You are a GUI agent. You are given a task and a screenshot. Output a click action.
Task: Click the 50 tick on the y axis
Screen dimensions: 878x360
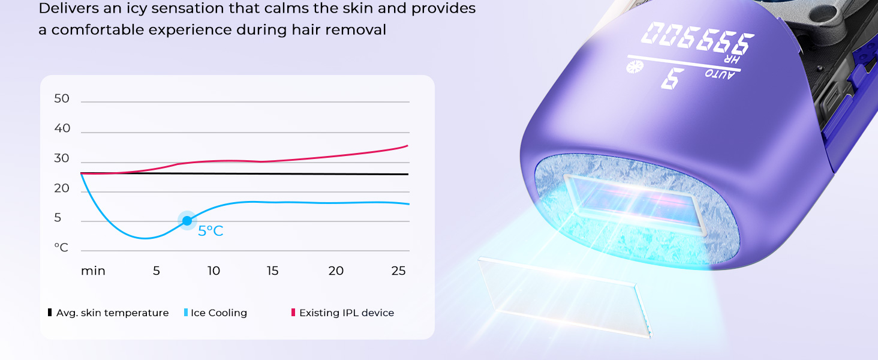pyautogui.click(x=62, y=98)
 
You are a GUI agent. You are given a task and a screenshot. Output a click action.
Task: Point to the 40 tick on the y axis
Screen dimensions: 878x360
pyautogui.click(x=62, y=128)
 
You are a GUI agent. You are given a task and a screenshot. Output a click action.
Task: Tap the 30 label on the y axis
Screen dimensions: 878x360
pyautogui.click(x=62, y=158)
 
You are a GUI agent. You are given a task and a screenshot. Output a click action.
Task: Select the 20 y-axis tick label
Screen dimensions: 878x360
pyautogui.click(x=62, y=188)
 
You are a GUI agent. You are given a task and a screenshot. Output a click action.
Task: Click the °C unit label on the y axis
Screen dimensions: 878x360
pyautogui.click(x=61, y=247)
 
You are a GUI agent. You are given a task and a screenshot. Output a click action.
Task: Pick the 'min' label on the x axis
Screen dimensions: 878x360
pyautogui.click(x=93, y=271)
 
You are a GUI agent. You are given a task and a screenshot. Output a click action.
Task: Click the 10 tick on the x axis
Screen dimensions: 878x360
pyautogui.click(x=214, y=271)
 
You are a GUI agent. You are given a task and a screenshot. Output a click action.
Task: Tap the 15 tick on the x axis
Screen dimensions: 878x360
pyautogui.click(x=272, y=271)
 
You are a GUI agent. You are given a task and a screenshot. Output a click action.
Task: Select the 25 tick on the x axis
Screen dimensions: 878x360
pyautogui.click(x=398, y=271)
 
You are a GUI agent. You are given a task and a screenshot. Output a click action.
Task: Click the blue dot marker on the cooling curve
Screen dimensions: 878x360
pyautogui.click(x=187, y=221)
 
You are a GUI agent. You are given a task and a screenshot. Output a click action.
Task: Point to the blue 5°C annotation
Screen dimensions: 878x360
pyautogui.click(x=211, y=231)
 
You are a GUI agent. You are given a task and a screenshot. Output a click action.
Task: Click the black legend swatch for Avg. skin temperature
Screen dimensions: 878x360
pyautogui.click(x=50, y=313)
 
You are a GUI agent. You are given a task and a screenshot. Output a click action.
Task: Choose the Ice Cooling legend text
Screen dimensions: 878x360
pyautogui.click(x=219, y=313)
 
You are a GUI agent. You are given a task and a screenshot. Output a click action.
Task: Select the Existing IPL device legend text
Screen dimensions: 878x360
pyautogui.click(x=347, y=313)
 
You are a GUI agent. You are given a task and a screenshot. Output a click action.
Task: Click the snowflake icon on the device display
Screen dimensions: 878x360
pyautogui.click(x=635, y=67)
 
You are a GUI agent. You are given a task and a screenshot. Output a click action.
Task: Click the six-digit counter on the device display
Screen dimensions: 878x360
pyautogui.click(x=697, y=38)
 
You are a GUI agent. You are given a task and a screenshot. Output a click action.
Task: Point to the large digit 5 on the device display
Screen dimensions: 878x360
pyautogui.click(x=673, y=78)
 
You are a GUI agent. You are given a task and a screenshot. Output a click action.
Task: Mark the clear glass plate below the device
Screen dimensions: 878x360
pyautogui.click(x=564, y=297)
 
